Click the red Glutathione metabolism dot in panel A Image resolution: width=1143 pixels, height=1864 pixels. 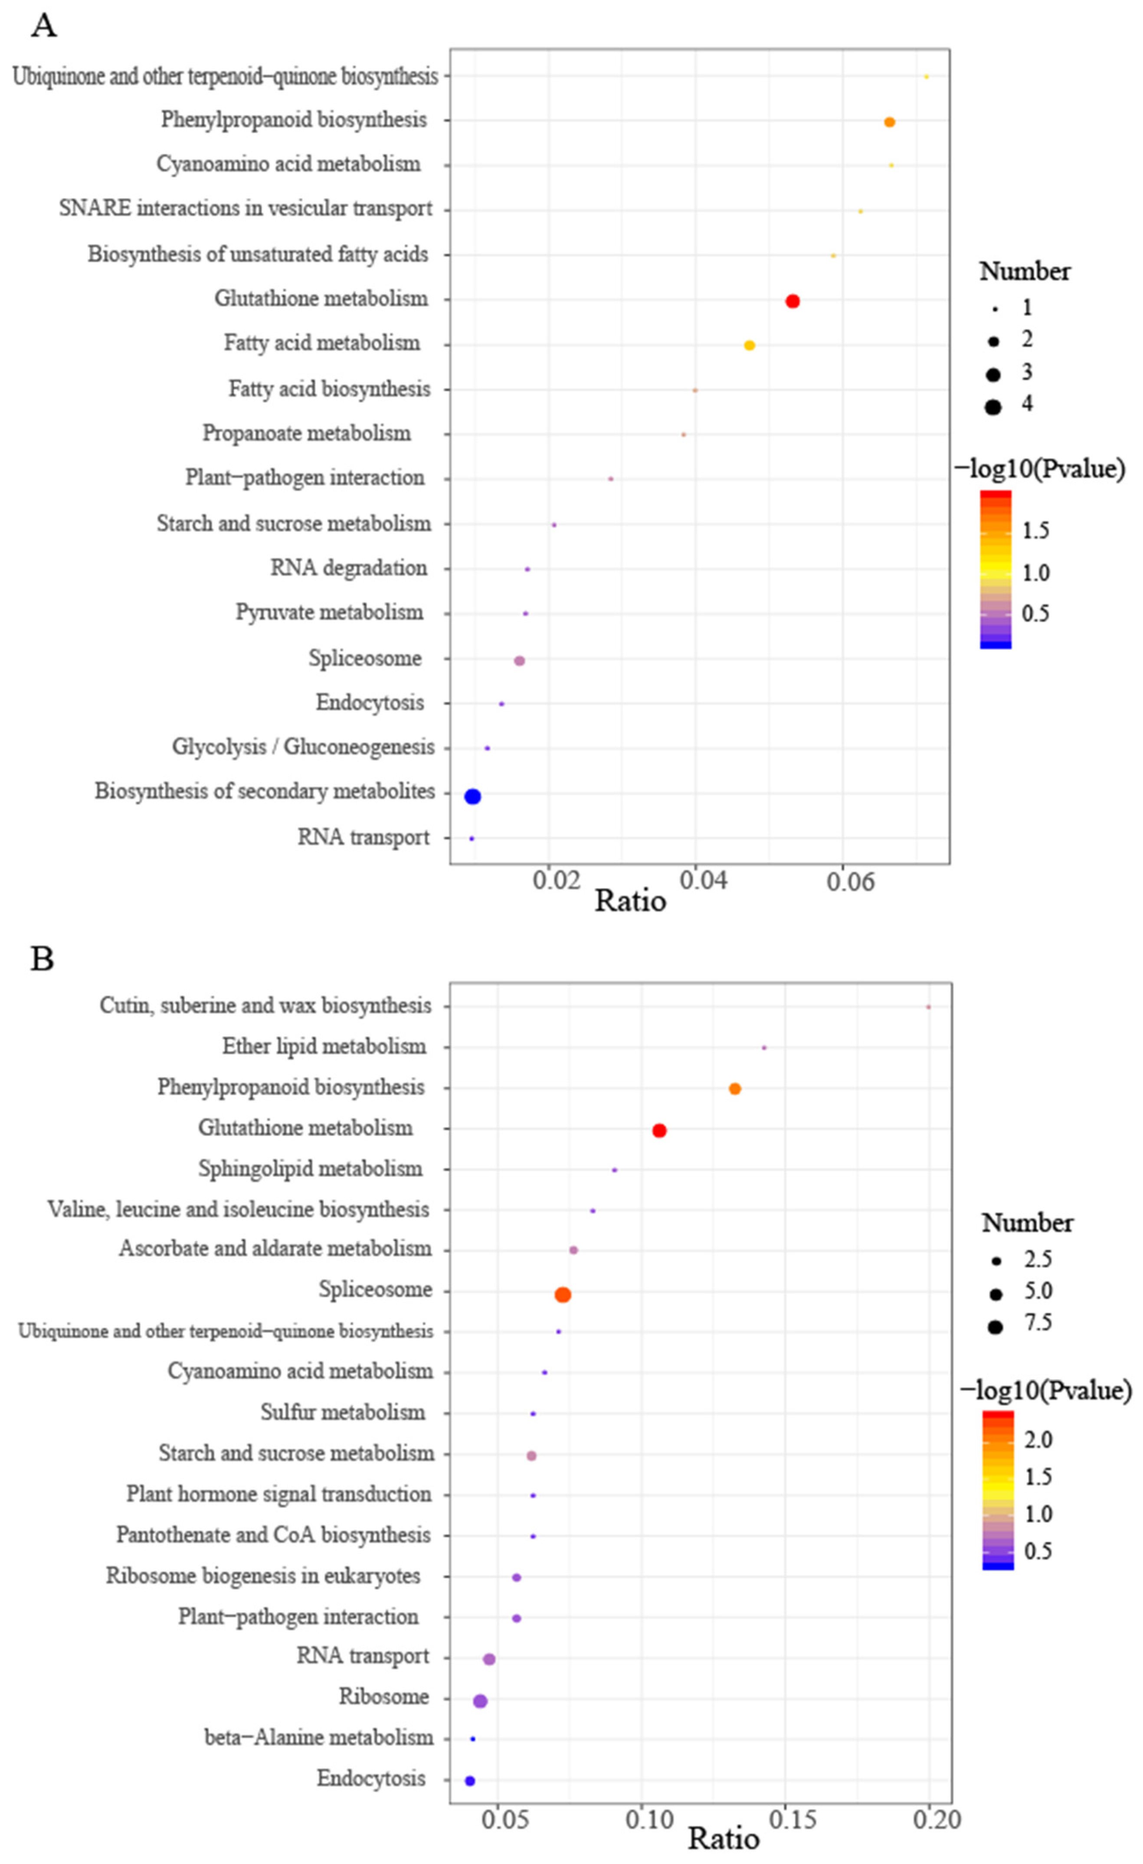coord(792,301)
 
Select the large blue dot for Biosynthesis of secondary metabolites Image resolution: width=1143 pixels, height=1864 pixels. coord(472,796)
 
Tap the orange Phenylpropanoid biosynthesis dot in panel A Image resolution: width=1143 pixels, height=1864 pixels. coord(889,122)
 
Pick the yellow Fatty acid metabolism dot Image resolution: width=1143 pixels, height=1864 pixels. coord(750,346)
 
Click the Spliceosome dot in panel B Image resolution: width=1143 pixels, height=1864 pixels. coord(563,1295)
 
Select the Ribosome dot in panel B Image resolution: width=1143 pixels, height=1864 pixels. coord(480,1701)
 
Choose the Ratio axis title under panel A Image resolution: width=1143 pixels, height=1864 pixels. coord(630,901)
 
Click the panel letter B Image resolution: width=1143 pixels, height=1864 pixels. coord(42,959)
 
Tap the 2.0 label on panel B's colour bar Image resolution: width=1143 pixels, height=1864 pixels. coord(1038,1439)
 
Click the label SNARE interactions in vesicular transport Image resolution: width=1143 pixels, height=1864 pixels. coord(246,209)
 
